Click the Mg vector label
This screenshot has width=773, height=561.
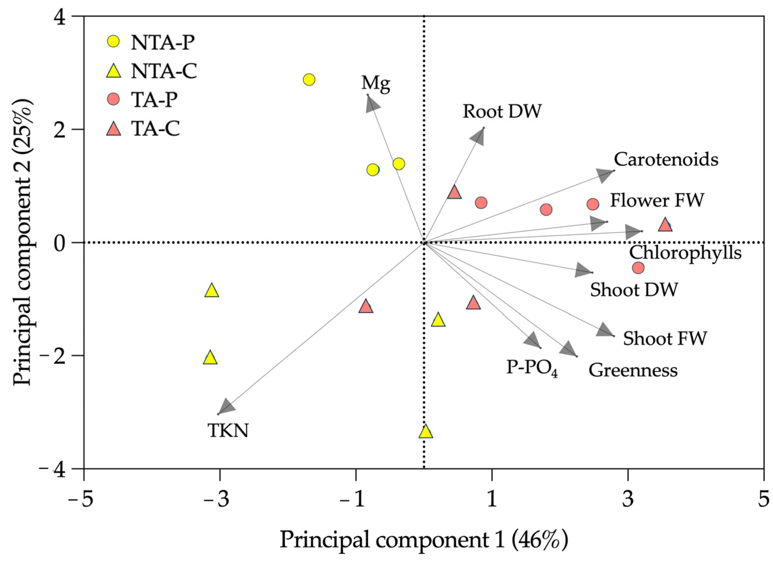tap(376, 83)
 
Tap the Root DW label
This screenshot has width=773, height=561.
tap(502, 111)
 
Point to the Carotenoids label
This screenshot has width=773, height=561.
tap(666, 159)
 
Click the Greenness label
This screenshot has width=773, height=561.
tap(633, 370)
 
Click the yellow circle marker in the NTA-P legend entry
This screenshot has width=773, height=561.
tap(114, 42)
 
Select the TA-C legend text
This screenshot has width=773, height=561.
tap(156, 129)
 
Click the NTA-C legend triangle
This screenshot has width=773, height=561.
tap(114, 71)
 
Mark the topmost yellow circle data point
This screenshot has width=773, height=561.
tap(309, 80)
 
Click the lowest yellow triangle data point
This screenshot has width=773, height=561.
tap(425, 432)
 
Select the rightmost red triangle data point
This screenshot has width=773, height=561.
tap(665, 225)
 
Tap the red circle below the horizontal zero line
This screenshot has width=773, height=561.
tap(638, 268)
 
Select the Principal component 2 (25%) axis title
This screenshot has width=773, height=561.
tap(23, 242)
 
